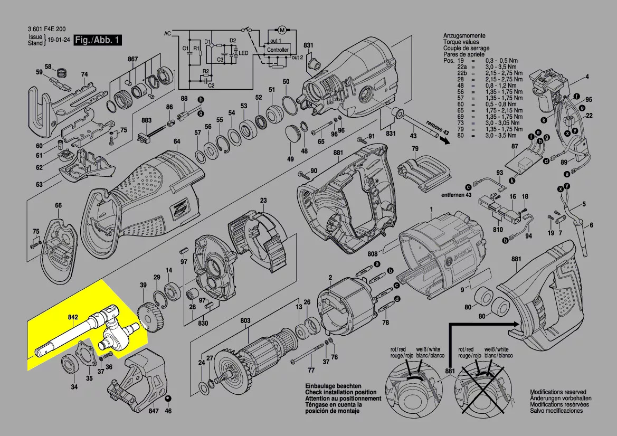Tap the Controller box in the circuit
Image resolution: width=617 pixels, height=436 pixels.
(x=278, y=50)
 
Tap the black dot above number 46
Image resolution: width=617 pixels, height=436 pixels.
(x=168, y=398)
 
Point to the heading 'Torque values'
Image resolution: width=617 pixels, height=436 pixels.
(x=461, y=41)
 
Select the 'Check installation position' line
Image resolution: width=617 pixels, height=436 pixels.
(x=340, y=393)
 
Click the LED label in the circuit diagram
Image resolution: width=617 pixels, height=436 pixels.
(x=243, y=53)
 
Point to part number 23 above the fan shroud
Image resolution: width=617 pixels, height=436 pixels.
(x=263, y=200)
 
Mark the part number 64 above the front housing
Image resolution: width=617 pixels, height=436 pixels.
(x=177, y=141)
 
